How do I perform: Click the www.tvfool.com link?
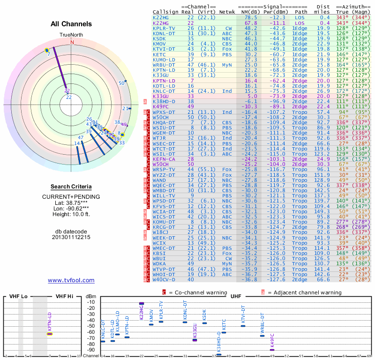pyautogui.click(x=71, y=280)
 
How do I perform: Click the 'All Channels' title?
pyautogui.click(x=71, y=24)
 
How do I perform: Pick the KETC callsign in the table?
pyautogui.click(x=159, y=54)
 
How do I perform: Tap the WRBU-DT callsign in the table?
pyautogui.click(x=164, y=65)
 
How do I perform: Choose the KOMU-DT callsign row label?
pyautogui.click(x=164, y=222)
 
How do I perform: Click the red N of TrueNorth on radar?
pyautogui.click(x=72, y=42)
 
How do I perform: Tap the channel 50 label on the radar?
pyautogui.click(x=121, y=83)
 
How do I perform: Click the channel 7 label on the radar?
pyautogui.click(x=48, y=54)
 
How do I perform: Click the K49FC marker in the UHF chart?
pyautogui.click(x=272, y=350)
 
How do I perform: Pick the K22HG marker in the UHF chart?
pyautogui.click(x=142, y=304)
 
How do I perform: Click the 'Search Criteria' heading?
pyautogui.click(x=71, y=187)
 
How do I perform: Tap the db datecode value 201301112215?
pyautogui.click(x=71, y=237)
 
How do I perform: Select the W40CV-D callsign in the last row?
pyautogui.click(x=164, y=279)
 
